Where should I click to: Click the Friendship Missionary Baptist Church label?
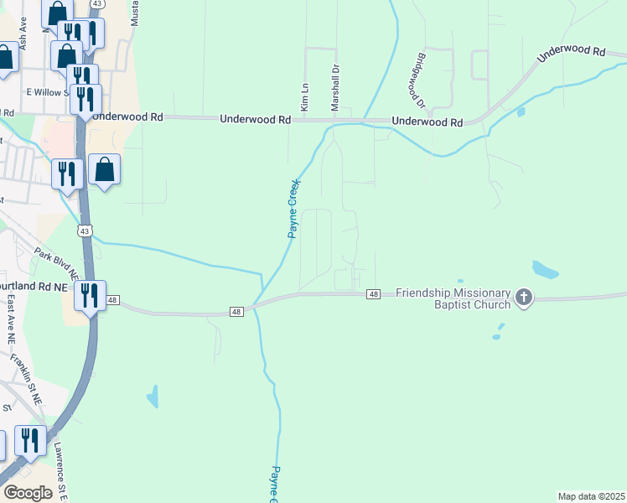[453, 298]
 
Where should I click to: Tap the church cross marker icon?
[524, 298]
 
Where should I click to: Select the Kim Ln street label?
[305, 97]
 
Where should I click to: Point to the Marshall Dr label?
[334, 89]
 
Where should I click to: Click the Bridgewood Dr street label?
[420, 82]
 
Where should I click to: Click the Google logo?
[28, 493]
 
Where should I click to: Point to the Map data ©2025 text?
[592, 496]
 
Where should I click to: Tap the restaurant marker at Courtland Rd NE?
[89, 295]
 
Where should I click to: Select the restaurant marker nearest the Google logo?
[30, 441]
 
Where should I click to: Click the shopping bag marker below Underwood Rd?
[104, 169]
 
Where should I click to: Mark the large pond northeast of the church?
[545, 270]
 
